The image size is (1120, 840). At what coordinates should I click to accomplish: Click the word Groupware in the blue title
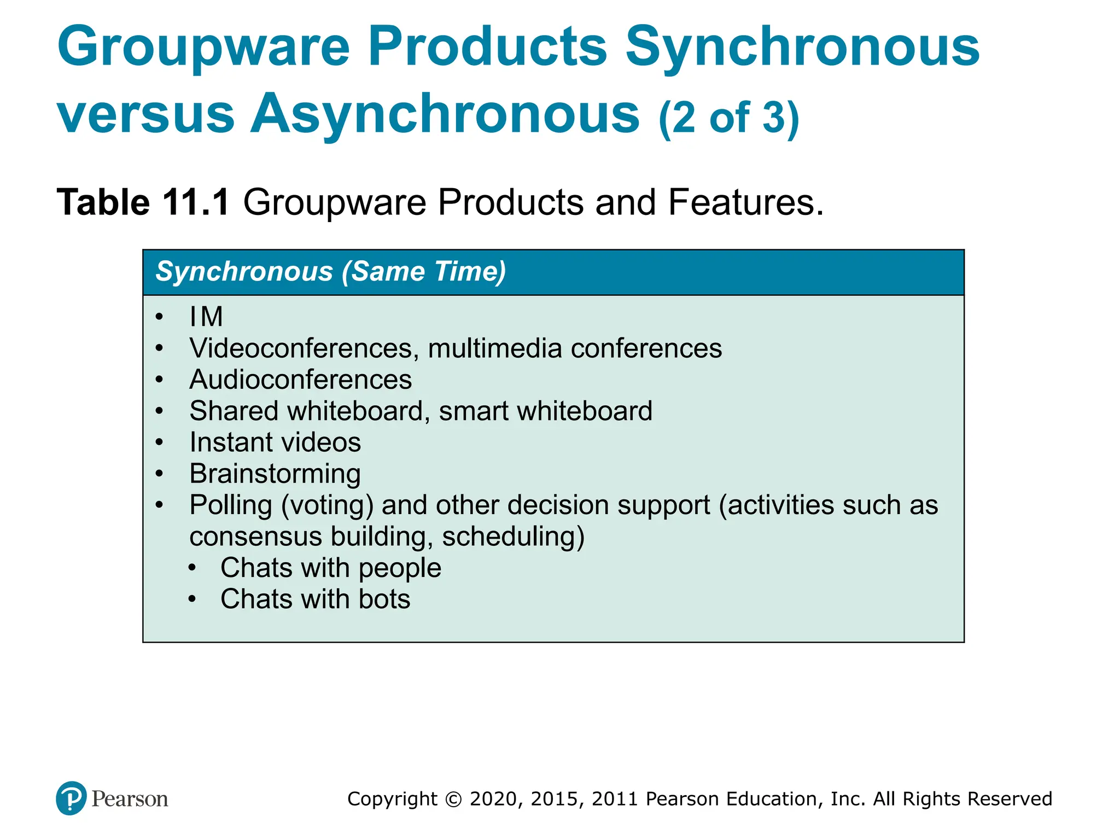pyautogui.click(x=203, y=48)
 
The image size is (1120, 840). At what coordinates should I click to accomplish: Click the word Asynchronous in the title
pyautogui.click(x=445, y=114)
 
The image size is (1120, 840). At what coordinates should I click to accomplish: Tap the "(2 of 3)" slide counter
pyautogui.click(x=729, y=118)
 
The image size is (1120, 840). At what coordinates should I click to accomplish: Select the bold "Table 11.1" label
pyautogui.click(x=143, y=202)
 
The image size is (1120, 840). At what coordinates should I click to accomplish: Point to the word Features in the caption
pyautogui.click(x=745, y=202)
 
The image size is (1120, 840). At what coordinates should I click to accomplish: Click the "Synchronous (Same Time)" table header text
pyautogui.click(x=331, y=272)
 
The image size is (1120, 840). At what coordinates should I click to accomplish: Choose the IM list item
pyautogui.click(x=206, y=317)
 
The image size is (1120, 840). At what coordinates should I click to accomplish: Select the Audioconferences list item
pyautogui.click(x=300, y=380)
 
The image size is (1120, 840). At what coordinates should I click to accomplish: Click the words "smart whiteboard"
pyautogui.click(x=545, y=411)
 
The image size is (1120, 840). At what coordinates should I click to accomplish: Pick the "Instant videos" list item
pyautogui.click(x=275, y=442)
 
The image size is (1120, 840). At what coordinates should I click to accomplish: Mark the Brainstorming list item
pyautogui.click(x=275, y=474)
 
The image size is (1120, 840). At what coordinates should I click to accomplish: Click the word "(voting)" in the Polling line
pyautogui.click(x=327, y=505)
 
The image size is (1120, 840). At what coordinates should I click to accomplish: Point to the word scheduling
pyautogui.click(x=513, y=536)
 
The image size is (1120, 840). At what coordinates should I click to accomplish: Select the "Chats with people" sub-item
pyautogui.click(x=331, y=568)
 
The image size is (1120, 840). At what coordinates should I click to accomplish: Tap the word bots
pyautogui.click(x=384, y=599)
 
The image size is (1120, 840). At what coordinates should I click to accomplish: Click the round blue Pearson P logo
pyautogui.click(x=71, y=798)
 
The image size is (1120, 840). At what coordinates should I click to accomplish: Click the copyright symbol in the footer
pyautogui.click(x=453, y=799)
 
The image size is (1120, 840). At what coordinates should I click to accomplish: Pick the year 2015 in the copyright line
pyautogui.click(x=553, y=799)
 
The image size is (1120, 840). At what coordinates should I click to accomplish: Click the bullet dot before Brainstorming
pyautogui.click(x=159, y=474)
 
